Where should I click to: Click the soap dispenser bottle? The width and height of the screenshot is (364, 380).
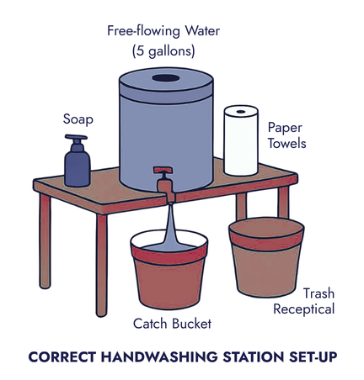[78, 165]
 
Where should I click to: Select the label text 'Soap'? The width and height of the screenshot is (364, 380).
[78, 119]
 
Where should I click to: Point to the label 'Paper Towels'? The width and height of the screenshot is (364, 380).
[286, 135]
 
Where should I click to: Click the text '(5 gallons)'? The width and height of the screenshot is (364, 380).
[163, 50]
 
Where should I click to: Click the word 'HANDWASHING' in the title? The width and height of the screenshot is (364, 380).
[148, 356]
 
